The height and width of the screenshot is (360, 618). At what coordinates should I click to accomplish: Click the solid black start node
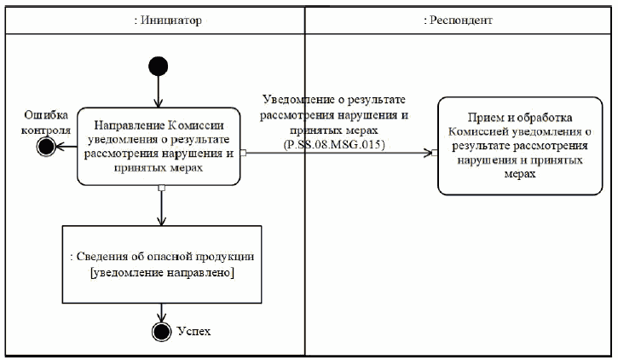point(159,66)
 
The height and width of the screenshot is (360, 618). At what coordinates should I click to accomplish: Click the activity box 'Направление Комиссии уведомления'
point(159,146)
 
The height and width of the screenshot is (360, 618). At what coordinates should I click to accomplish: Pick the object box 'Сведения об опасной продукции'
point(160,264)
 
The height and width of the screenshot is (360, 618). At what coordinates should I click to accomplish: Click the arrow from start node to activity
point(159,92)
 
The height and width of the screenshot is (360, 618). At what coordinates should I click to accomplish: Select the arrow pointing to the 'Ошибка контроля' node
point(66,147)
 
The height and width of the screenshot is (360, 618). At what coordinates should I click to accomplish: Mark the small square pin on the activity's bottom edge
point(160,187)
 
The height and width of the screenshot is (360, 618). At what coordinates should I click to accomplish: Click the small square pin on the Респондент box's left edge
point(436,154)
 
